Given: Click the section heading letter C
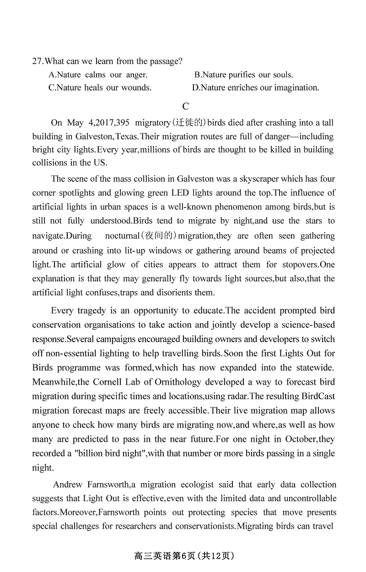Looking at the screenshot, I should pyautogui.click(x=185, y=106).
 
